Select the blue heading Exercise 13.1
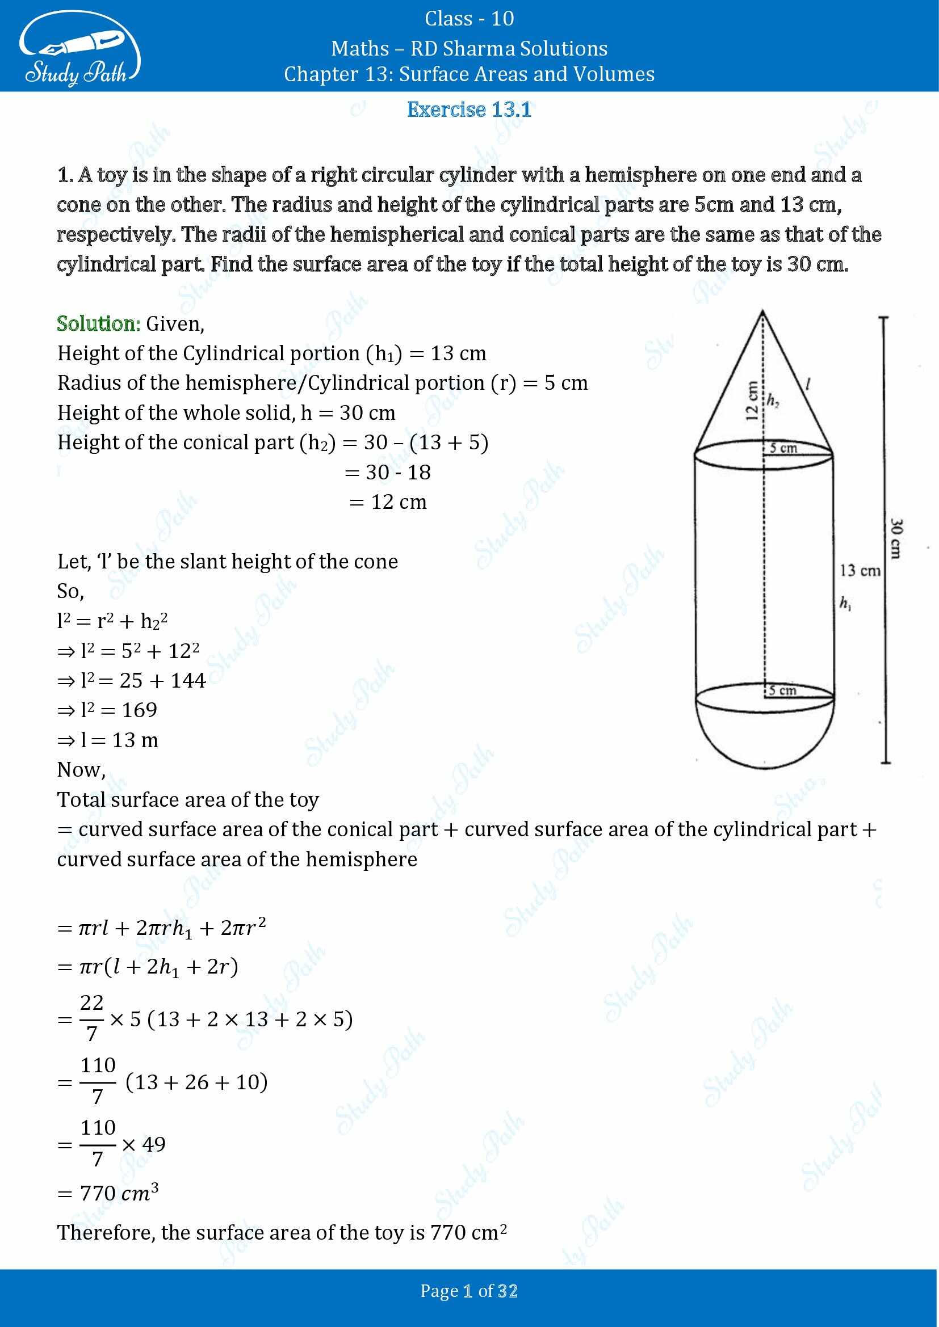(x=469, y=109)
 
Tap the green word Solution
(x=98, y=323)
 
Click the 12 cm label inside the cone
(x=752, y=400)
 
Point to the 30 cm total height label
(x=895, y=538)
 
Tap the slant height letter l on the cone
(x=807, y=383)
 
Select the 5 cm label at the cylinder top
(x=783, y=448)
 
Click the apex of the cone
(x=763, y=312)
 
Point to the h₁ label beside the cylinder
(x=845, y=604)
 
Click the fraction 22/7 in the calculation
(x=91, y=1018)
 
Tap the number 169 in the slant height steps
(x=139, y=710)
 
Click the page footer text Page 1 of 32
(x=469, y=1291)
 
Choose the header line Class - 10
(x=469, y=19)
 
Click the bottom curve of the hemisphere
(x=765, y=768)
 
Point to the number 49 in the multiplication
(x=154, y=1144)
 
